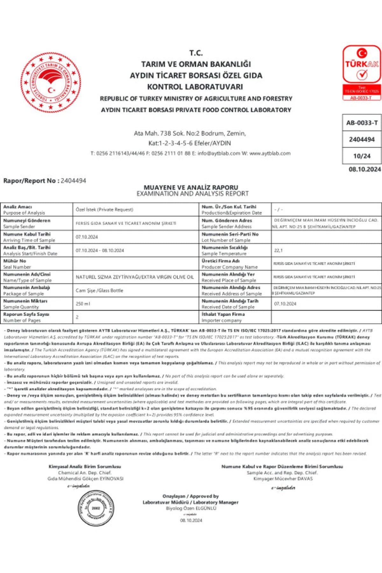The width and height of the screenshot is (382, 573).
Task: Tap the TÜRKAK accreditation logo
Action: [362, 73]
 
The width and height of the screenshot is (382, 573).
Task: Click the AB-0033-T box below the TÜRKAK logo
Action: [362, 123]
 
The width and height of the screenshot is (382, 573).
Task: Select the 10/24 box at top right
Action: [362, 156]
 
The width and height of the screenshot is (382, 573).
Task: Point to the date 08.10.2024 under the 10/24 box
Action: [364, 169]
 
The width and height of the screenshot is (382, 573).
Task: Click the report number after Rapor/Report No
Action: [73, 181]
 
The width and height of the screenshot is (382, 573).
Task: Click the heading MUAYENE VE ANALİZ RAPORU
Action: [191, 187]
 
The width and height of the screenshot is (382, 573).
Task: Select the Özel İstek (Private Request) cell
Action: [104, 209]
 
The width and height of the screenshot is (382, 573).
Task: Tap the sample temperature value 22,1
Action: [278, 251]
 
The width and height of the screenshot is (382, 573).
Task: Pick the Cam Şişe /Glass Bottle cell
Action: [99, 290]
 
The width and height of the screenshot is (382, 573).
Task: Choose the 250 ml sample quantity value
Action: [83, 304]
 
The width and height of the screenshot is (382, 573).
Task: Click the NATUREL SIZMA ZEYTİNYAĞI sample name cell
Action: [135, 277]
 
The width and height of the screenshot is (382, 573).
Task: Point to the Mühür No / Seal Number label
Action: [17, 264]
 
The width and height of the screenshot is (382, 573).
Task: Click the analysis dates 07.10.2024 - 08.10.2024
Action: [100, 251]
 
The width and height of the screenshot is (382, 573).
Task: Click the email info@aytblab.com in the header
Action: [219, 153]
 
